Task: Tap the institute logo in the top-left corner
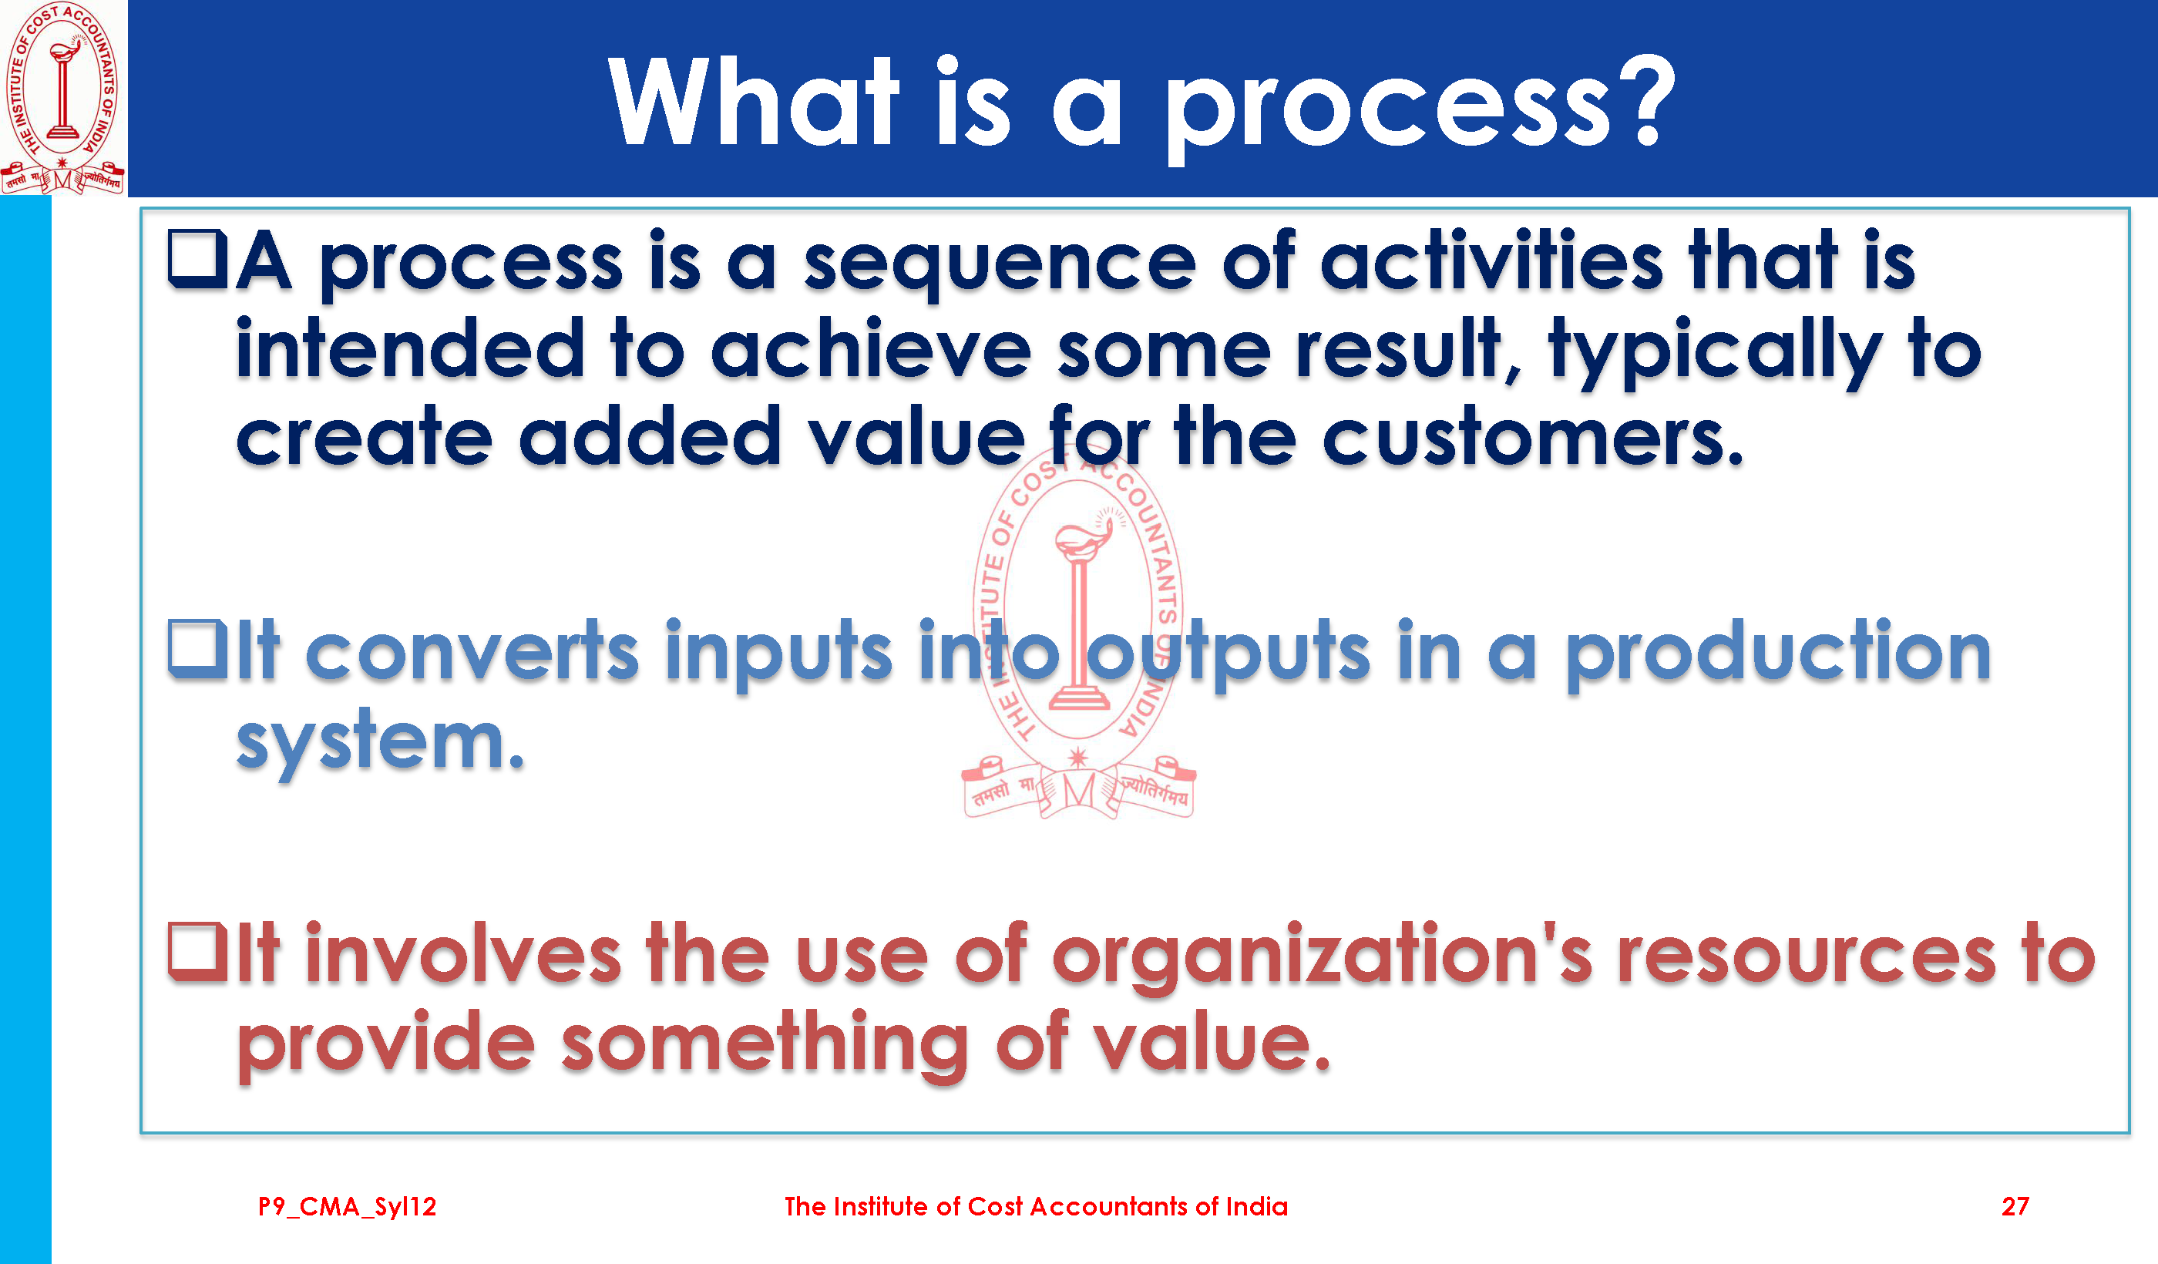pyautogui.click(x=62, y=97)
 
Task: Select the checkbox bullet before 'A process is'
pyautogui.click(x=198, y=259)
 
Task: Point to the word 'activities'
pyautogui.click(x=1492, y=260)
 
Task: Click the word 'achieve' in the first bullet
pyautogui.click(x=871, y=348)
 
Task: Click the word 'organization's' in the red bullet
pyautogui.click(x=1323, y=957)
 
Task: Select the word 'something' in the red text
pyautogui.click(x=765, y=1046)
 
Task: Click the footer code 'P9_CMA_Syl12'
pyautogui.click(x=348, y=1208)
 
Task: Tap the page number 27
pyautogui.click(x=2015, y=1207)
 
